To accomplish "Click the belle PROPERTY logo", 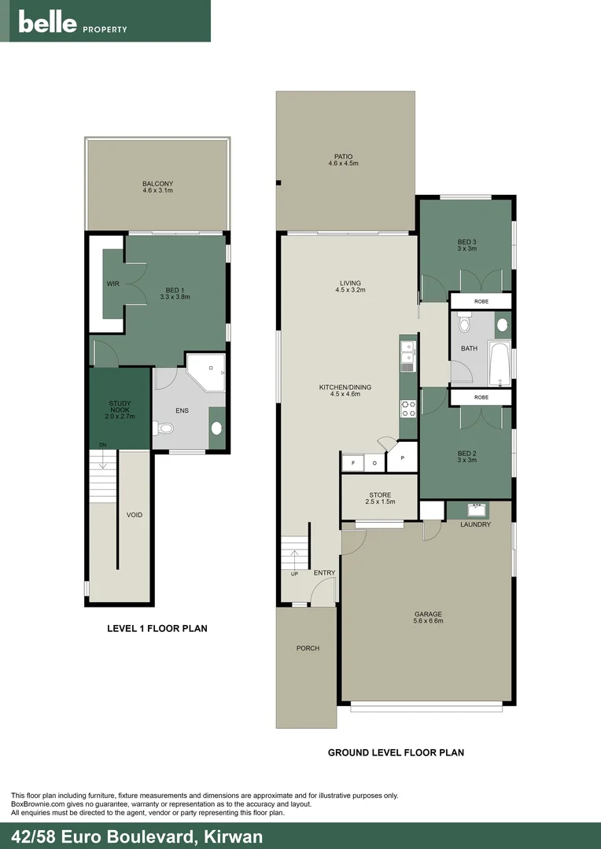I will (72, 24).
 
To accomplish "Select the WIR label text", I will (112, 284).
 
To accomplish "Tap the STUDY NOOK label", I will (120, 406).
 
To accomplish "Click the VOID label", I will (135, 515).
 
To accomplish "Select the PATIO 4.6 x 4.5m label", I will (343, 160).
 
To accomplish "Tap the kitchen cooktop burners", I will (408, 408).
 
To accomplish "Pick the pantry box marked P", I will (402, 458).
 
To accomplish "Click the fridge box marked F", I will (353, 463).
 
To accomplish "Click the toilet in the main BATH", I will (464, 324).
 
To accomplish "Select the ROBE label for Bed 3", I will (481, 301).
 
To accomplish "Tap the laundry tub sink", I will (475, 509).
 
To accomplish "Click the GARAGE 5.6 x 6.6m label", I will (429, 618).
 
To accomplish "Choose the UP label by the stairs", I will (295, 573).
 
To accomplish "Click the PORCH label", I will (308, 649).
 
